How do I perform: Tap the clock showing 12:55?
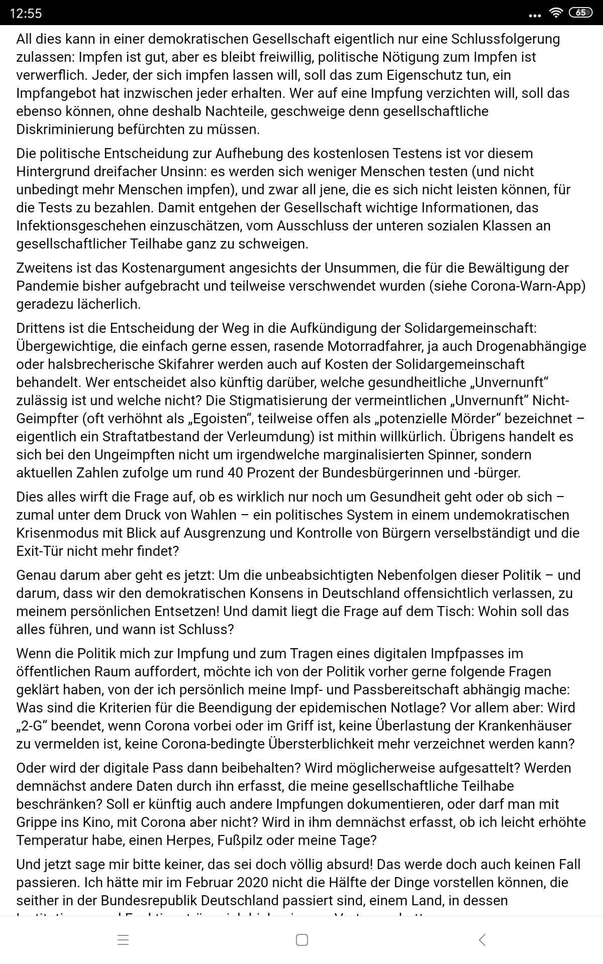click(x=26, y=13)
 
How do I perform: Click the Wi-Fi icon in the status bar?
click(x=555, y=13)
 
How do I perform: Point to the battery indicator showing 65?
click(x=580, y=13)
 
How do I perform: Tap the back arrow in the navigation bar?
click(x=482, y=940)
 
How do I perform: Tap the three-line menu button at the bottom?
click(x=123, y=940)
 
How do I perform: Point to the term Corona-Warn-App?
click(x=528, y=286)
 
